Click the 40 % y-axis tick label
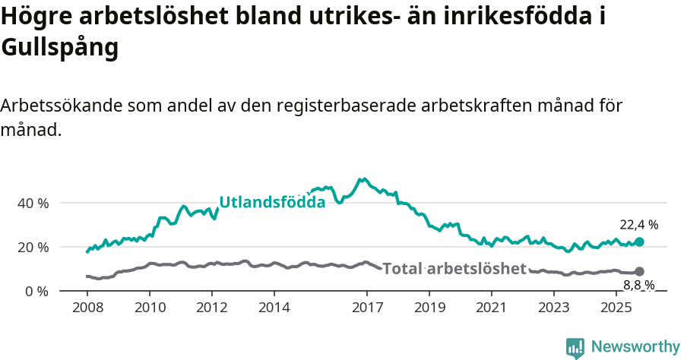click(33, 204)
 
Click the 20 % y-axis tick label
click(33, 248)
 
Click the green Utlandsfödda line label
click(272, 202)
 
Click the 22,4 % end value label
click(639, 225)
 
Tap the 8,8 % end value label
click(639, 286)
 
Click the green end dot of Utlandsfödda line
click(639, 242)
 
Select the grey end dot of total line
click(639, 271)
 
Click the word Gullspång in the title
click(60, 48)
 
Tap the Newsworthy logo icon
click(575, 348)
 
